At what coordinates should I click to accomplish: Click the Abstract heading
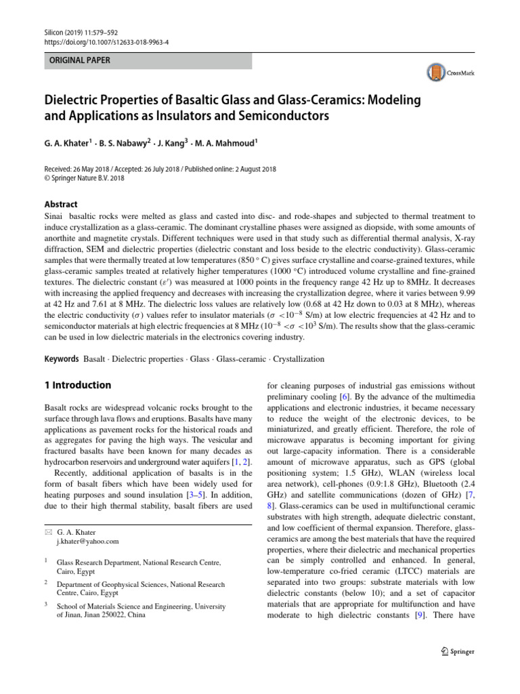[60, 204]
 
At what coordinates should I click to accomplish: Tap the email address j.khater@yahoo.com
[88, 542]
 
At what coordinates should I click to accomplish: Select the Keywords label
[62, 359]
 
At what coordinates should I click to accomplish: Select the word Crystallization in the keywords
[298, 359]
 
